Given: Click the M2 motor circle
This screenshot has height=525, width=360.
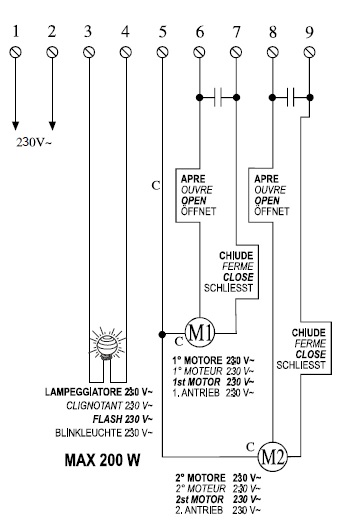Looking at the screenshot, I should tap(297, 458).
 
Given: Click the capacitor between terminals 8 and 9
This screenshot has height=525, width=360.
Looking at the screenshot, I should tap(291, 97).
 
